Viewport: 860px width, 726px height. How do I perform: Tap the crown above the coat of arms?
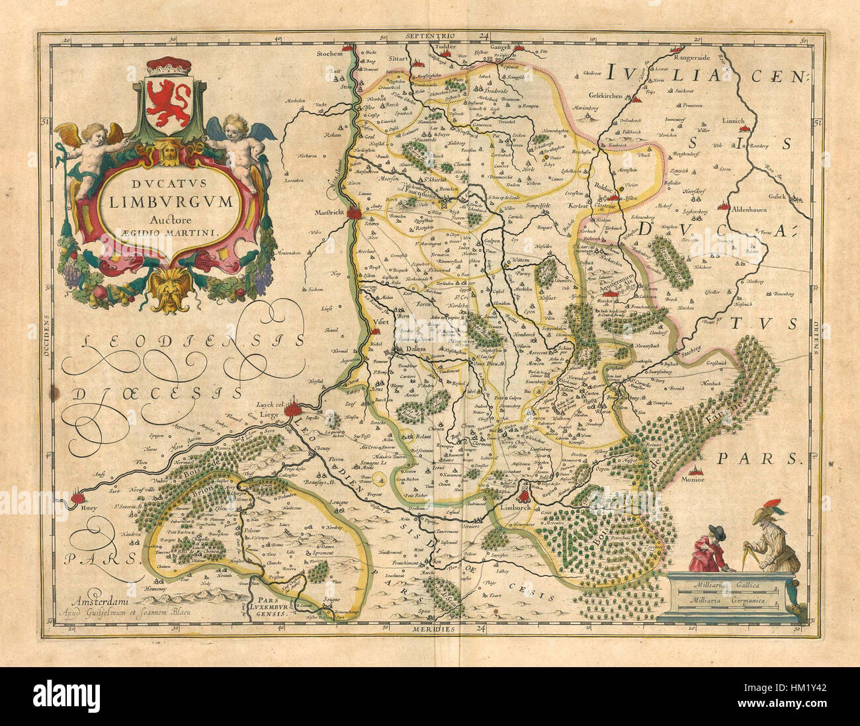pos(168,67)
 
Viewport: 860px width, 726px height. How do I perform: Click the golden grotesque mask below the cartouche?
pos(169,289)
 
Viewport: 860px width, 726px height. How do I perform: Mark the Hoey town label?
pos(70,509)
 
